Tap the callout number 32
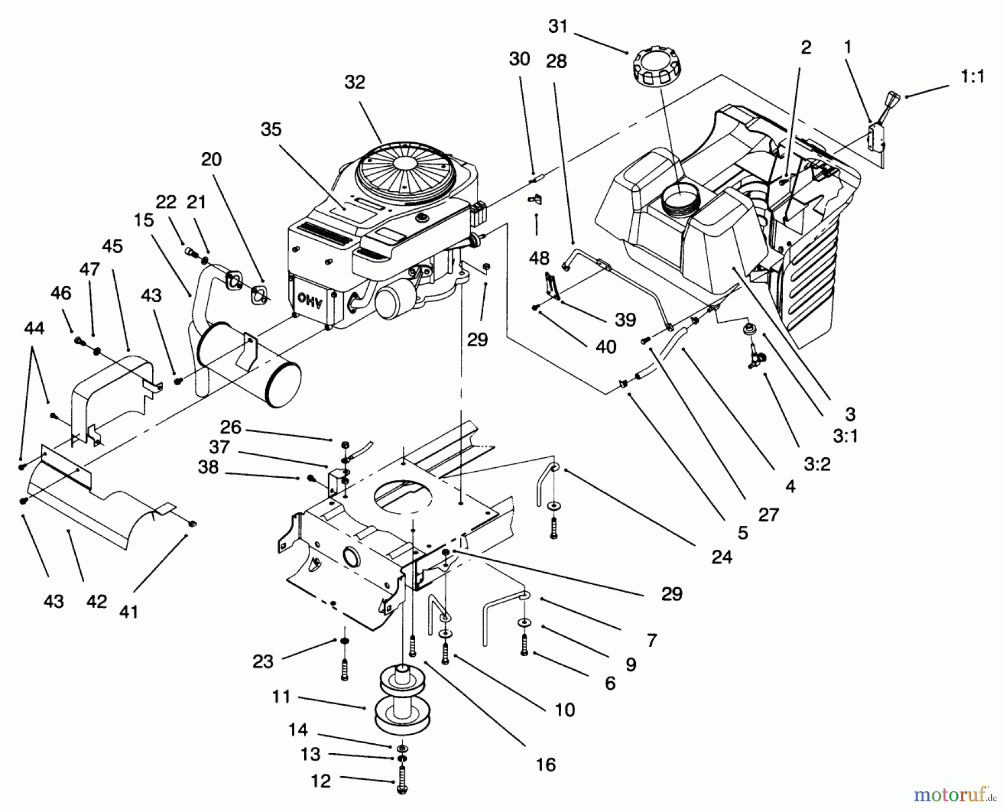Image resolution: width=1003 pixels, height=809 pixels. tap(354, 83)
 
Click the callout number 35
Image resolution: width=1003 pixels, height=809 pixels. tap(271, 129)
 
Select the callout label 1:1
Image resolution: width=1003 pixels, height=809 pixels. tap(972, 77)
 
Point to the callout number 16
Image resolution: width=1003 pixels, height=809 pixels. tap(546, 764)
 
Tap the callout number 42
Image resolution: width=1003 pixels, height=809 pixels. tap(96, 602)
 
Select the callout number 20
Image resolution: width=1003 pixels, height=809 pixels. tap(211, 159)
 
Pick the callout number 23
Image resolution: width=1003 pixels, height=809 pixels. tap(263, 661)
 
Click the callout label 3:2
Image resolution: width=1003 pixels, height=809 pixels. tap(816, 463)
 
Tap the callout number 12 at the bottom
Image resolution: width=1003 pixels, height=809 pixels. tap(320, 781)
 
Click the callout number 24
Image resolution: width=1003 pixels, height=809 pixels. tap(722, 556)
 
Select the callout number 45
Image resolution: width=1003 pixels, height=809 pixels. tap(113, 246)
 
